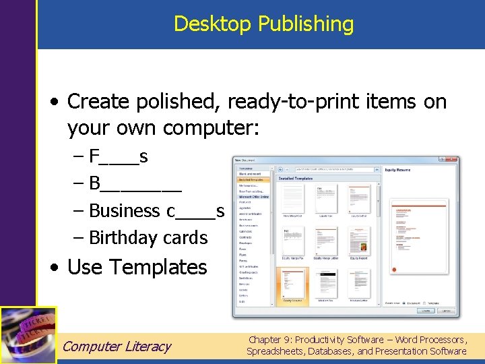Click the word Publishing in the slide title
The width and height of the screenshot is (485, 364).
(x=306, y=24)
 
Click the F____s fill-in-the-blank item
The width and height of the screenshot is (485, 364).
(x=119, y=157)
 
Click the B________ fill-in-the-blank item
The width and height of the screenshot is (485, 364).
(x=135, y=184)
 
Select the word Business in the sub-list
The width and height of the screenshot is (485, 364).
(x=125, y=211)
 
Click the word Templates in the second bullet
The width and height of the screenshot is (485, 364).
(x=159, y=267)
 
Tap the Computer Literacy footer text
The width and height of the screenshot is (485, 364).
(x=117, y=346)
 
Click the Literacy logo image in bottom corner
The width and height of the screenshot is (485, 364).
(x=28, y=334)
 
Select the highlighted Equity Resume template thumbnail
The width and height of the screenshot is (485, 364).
(x=293, y=283)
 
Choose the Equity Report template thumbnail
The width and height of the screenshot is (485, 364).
(x=358, y=241)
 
